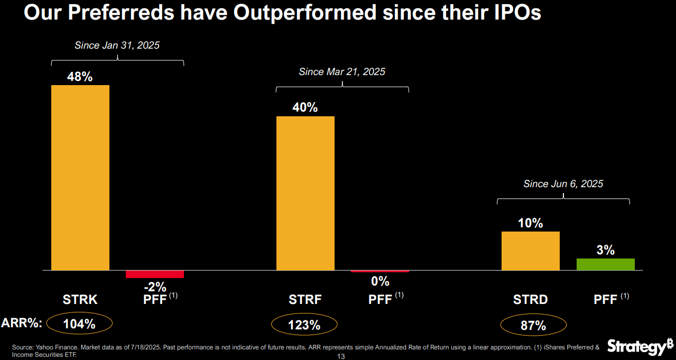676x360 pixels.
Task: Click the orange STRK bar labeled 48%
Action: (x=80, y=177)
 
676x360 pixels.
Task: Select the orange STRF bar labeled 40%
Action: (x=305, y=193)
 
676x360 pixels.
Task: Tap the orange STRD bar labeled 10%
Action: (x=530, y=251)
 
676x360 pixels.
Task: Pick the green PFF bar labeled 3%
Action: (x=605, y=264)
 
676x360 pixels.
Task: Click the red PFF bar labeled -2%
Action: (x=154, y=274)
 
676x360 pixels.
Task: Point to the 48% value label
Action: (x=80, y=77)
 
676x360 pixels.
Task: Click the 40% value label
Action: (x=305, y=107)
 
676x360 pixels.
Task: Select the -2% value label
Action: (x=155, y=287)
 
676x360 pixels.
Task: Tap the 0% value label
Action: (x=380, y=281)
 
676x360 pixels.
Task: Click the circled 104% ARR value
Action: (x=80, y=324)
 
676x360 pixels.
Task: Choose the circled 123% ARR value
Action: (x=304, y=325)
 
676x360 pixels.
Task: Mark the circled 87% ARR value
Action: (x=533, y=326)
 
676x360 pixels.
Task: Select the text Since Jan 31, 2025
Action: (x=117, y=45)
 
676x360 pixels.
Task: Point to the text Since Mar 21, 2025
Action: (x=342, y=72)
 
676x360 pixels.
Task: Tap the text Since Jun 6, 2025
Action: (x=563, y=184)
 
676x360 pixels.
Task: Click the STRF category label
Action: (x=305, y=300)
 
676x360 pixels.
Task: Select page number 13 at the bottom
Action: (x=340, y=357)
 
